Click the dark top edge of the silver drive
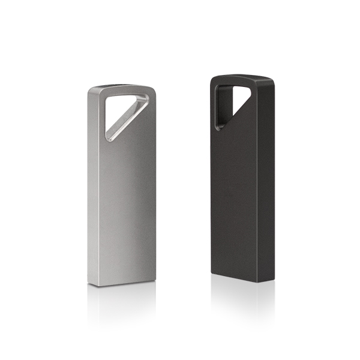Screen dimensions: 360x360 pos(123,86)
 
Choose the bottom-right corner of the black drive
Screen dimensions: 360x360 pos(273,277)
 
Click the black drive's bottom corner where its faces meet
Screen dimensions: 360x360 pos(257,281)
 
